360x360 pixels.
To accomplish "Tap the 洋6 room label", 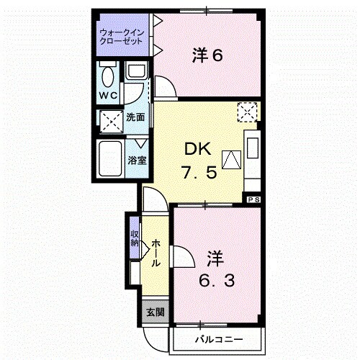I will (x=207, y=55).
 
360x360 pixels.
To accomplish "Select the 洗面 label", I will (x=135, y=117).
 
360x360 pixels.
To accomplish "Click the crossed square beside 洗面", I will (x=111, y=120).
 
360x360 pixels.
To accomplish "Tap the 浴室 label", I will (x=138, y=160).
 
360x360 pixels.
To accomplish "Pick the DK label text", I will (x=197, y=149).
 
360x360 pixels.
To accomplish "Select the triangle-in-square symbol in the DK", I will (x=230, y=160).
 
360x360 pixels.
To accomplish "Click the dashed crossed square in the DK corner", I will (x=248, y=112).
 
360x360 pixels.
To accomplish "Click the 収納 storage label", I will (x=135, y=238).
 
